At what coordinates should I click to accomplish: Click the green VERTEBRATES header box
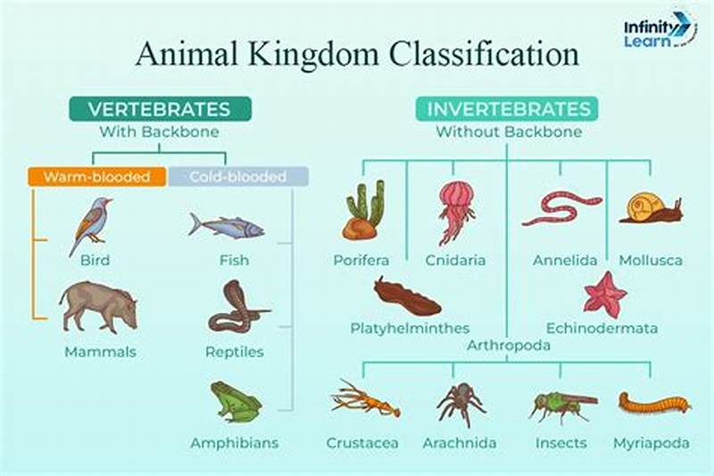click(x=160, y=109)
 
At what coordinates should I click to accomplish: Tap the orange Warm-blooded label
click(x=96, y=177)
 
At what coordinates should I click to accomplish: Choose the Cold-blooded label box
click(x=238, y=177)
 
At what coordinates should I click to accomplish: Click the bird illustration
click(x=92, y=224)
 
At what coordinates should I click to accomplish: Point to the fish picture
click(x=226, y=226)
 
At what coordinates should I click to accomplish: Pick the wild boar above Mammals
click(x=99, y=306)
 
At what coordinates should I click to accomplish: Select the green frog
click(x=235, y=403)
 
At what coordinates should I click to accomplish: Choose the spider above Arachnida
click(x=461, y=402)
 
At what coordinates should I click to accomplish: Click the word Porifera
click(x=361, y=261)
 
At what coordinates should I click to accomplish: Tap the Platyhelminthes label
click(x=410, y=329)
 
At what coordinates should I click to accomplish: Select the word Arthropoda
click(x=508, y=345)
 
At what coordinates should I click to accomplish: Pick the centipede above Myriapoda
click(x=654, y=402)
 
